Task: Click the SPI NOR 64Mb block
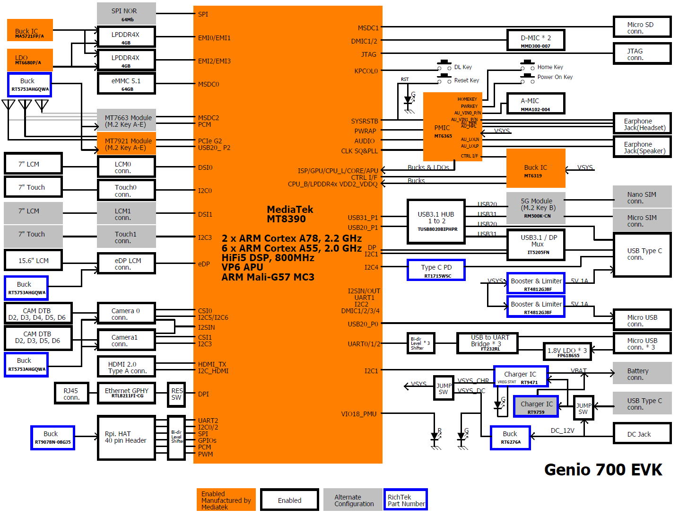126,14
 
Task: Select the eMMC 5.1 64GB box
126,84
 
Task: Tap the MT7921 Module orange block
126,144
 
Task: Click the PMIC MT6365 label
443,131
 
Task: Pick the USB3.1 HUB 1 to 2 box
436,221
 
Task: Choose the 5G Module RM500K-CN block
536,207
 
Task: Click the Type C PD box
436,270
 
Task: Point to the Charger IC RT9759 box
536,407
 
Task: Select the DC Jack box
642,434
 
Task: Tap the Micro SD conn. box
642,27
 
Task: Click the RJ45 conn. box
71,394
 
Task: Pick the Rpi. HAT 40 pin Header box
126,437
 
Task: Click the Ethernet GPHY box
126,393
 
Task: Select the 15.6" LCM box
33,261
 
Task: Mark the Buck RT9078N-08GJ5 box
52,437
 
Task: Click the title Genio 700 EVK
603,469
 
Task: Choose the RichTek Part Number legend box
405,500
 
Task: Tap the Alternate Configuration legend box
352,500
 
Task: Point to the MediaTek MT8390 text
290,214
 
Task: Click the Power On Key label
555,77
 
